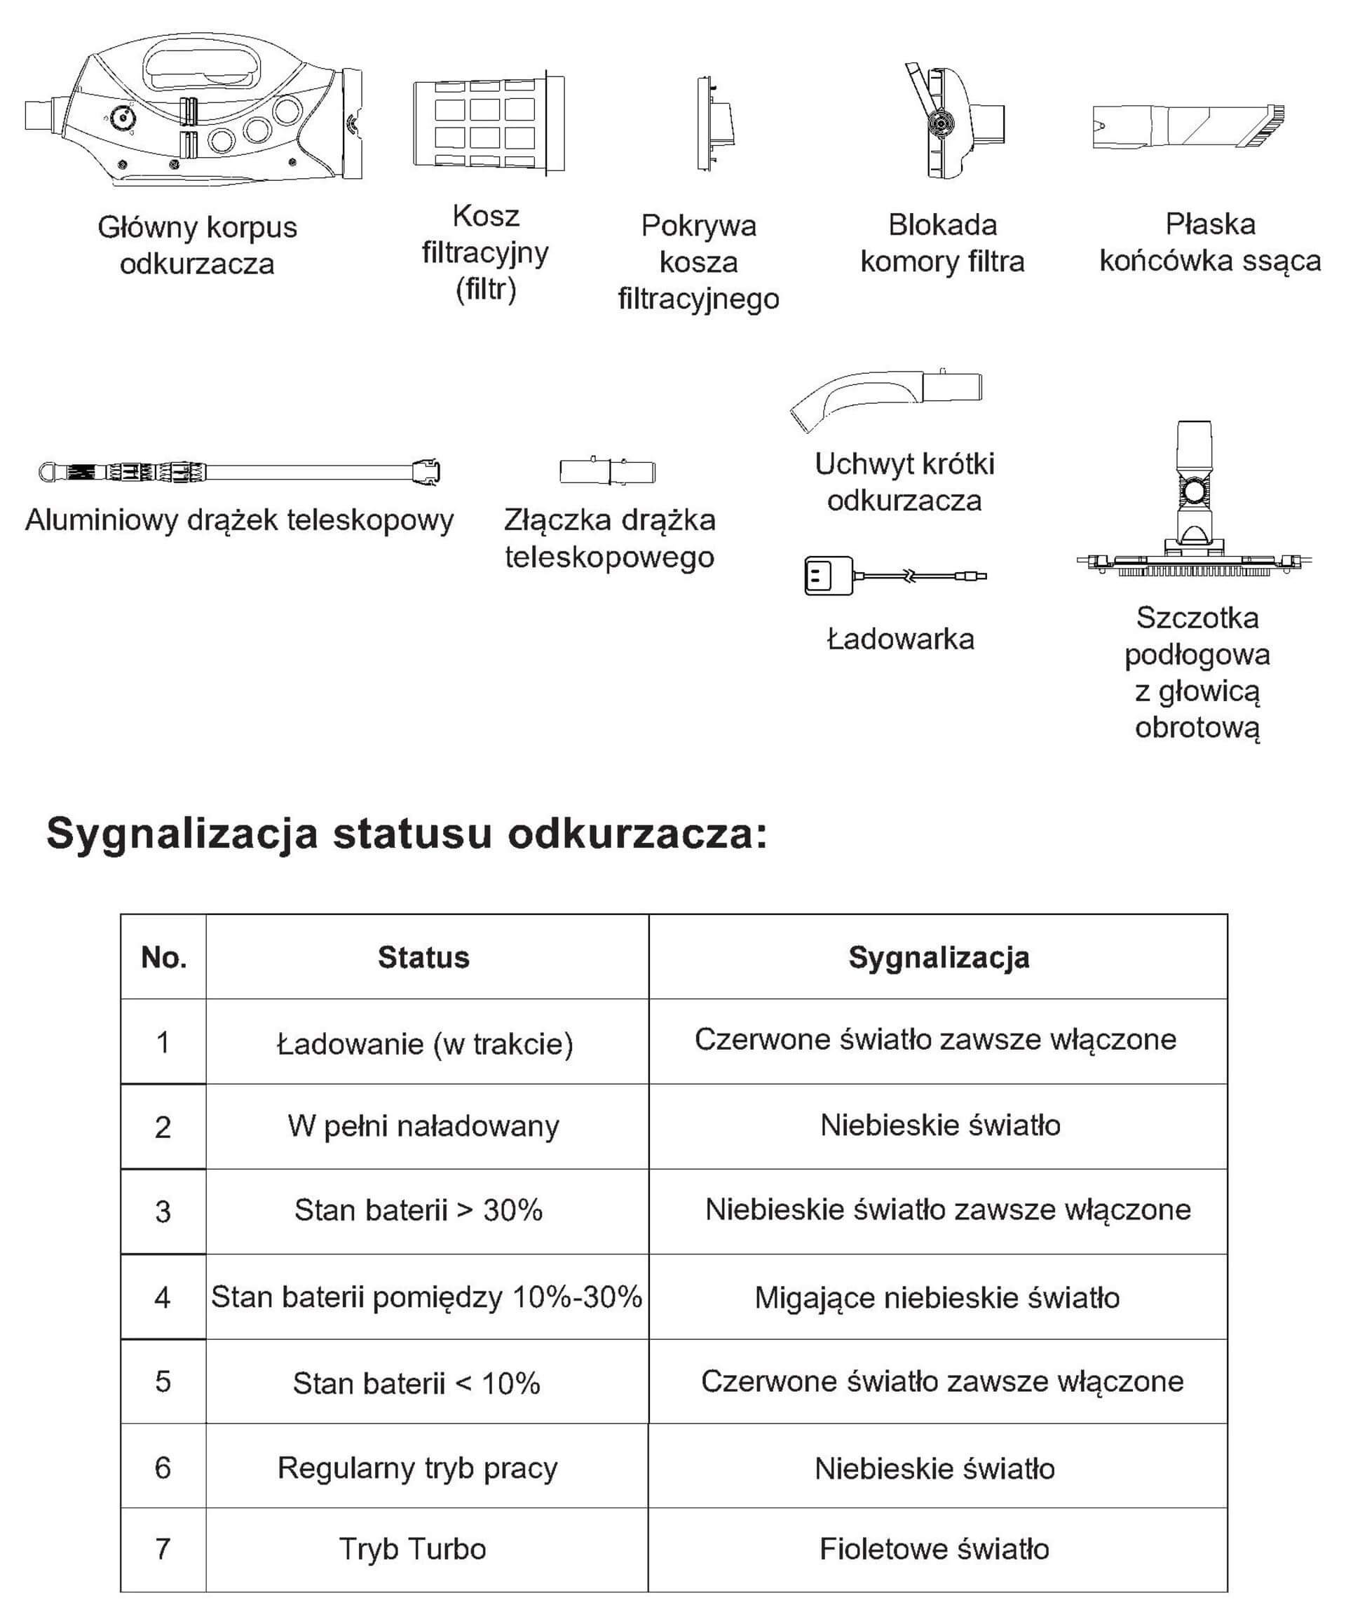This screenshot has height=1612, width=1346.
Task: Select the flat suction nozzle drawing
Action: [x=1188, y=126]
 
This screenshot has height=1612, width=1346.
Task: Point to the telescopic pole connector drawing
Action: [x=607, y=470]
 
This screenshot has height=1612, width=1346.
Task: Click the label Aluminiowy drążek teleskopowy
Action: [x=240, y=520]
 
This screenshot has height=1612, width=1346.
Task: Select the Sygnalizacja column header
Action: [x=939, y=957]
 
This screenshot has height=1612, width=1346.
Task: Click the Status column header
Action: [x=423, y=957]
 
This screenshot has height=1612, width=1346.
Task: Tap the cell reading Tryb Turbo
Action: [x=413, y=1548]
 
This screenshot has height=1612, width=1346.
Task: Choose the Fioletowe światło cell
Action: [x=934, y=1548]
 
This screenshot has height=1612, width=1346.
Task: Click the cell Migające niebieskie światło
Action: [x=937, y=1297]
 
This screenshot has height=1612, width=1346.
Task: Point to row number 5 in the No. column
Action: [x=163, y=1382]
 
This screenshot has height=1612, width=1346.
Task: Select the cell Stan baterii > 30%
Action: [x=419, y=1210]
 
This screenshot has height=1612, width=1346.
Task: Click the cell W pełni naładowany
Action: [x=423, y=1126]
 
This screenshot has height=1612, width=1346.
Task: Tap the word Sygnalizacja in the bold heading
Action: [x=182, y=834]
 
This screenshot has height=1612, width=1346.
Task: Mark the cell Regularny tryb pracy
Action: [x=417, y=1468]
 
